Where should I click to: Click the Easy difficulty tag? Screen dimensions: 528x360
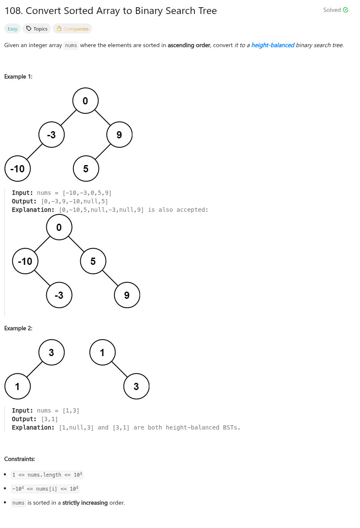[12, 29]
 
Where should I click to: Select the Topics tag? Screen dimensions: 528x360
[37, 29]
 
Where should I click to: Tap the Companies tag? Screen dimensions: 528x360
[72, 29]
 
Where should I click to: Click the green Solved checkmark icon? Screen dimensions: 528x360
[346, 10]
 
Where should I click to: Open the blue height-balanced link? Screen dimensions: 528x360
[273, 45]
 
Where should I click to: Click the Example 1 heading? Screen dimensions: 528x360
[18, 77]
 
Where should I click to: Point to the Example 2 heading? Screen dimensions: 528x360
[18, 328]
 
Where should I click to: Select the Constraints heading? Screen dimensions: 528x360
[20, 459]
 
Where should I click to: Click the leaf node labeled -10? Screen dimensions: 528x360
[17, 169]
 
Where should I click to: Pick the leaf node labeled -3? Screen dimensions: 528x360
[59, 295]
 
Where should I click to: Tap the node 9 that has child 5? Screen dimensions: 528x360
[119, 135]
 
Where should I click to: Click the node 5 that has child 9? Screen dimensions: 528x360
[93, 261]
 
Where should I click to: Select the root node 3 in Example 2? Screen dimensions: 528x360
[51, 352]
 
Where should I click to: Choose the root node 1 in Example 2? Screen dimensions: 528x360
[102, 352]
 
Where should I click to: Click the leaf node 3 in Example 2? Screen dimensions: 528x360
[136, 386]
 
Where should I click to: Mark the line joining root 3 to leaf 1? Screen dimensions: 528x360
[35, 369]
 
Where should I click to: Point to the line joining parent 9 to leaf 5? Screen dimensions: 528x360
[102, 152]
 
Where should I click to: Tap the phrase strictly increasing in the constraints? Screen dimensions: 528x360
[85, 503]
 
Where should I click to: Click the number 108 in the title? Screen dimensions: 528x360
[13, 11]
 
